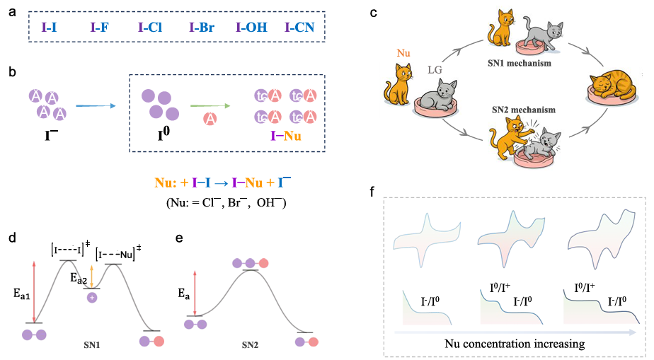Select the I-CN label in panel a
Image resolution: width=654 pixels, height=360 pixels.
point(299,29)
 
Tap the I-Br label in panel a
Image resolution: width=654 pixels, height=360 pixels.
point(202,29)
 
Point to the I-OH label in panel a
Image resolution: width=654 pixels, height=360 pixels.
point(251,29)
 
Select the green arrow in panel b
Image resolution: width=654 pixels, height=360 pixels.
point(210,106)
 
